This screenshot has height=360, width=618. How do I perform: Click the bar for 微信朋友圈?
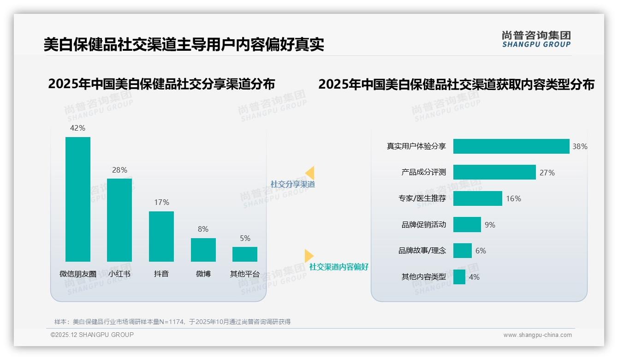pos(78,199)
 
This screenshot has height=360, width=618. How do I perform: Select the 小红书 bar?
pos(119,220)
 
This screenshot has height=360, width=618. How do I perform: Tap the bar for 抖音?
pos(161,236)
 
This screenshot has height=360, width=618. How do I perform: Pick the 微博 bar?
pos(203,250)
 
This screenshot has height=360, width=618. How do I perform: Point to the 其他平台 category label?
pos(245,274)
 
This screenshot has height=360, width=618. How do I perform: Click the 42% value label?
pos(77,128)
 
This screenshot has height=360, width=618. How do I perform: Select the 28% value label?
pos(119,170)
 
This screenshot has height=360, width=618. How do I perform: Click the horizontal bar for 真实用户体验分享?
pos(511,146)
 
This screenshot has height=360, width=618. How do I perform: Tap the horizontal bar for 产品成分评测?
pos(494,172)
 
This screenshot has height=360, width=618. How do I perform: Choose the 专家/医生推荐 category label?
pos(422,198)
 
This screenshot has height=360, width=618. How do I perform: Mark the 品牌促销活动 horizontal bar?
pos(467,225)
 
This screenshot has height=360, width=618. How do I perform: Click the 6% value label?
pos(481,251)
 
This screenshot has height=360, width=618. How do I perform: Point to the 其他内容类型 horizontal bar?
pos(459,277)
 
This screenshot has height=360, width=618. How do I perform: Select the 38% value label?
pos(580,146)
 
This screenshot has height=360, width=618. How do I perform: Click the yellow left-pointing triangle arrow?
pos(310,173)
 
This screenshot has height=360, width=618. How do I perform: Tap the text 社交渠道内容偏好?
pos(339,267)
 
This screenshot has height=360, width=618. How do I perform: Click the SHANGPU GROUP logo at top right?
pos(536,39)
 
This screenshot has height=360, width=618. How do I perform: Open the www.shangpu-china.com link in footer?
pos(537,335)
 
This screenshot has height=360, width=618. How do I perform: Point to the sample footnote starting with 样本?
pos(172,322)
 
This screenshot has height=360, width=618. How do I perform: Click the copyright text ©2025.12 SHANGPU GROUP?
pos(92,335)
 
